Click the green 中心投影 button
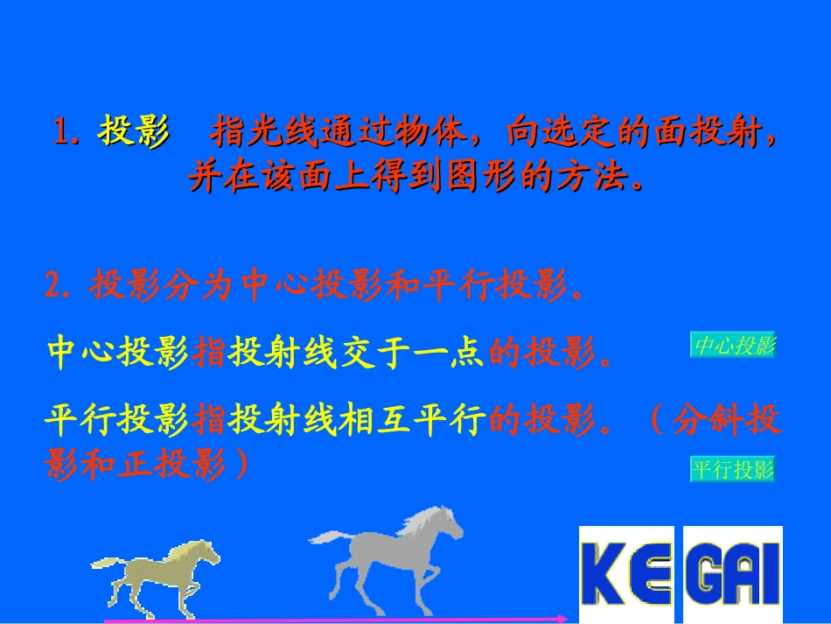point(734,346)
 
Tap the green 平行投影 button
point(733,470)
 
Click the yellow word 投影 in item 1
point(134,133)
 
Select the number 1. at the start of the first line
point(69,134)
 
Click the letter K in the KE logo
point(603,573)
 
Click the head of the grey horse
point(446,522)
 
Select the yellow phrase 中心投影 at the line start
point(117,352)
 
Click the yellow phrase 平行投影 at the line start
point(117,423)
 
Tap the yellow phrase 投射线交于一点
point(356,352)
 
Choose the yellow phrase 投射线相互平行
point(356,423)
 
